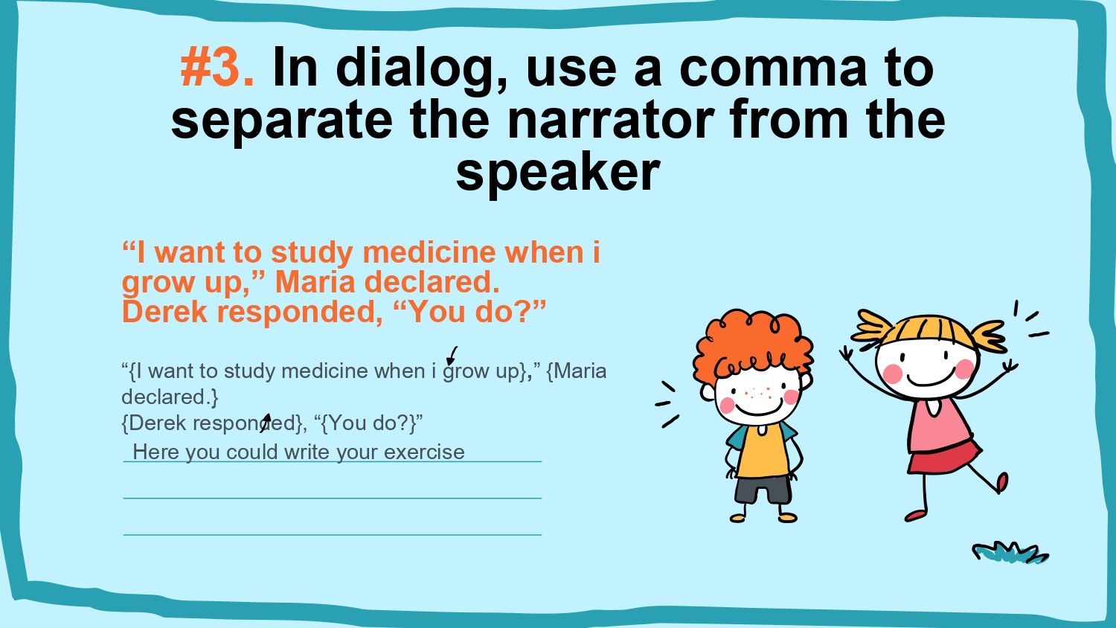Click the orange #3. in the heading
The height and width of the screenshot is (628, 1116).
(217, 67)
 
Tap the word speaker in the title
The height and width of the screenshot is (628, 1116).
(558, 172)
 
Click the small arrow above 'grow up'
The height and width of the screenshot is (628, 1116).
(452, 356)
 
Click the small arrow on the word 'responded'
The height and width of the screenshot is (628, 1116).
(266, 423)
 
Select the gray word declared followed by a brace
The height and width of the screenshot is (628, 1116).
(170, 397)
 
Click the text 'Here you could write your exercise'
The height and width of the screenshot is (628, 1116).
(298, 452)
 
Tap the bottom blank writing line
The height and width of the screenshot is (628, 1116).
(333, 535)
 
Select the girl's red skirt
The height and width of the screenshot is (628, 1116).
(943, 457)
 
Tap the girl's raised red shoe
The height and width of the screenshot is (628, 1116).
(1001, 482)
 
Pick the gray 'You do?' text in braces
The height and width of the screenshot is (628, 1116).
(369, 423)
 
